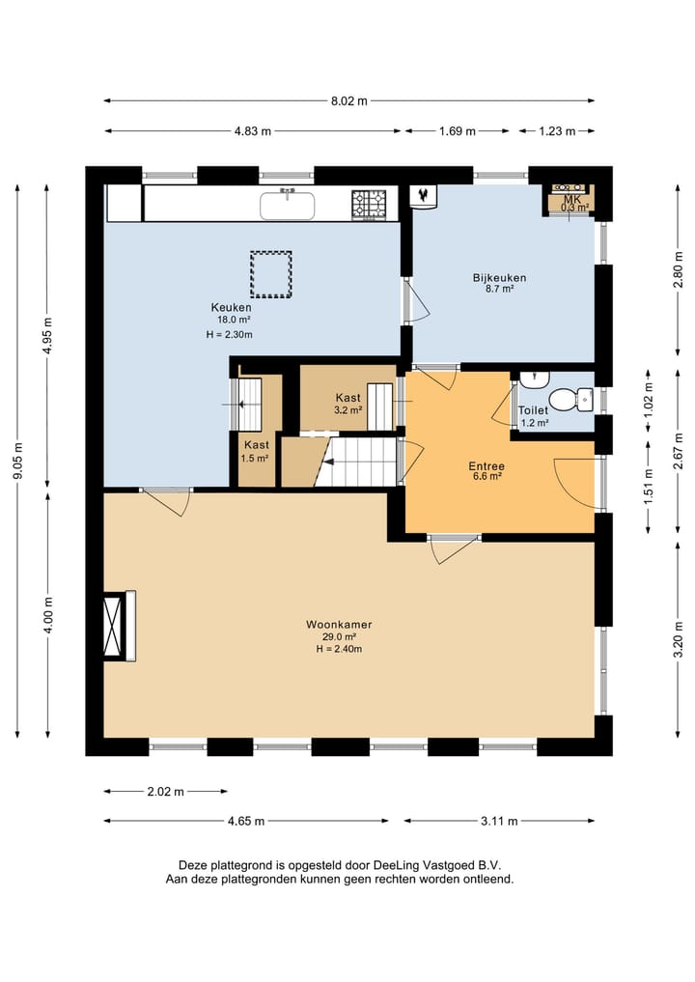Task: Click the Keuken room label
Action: [x=231, y=307]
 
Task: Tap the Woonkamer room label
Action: [x=339, y=625]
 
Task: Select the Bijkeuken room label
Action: [x=499, y=277]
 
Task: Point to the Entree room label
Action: [x=486, y=466]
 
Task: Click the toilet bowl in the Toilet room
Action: [x=570, y=399]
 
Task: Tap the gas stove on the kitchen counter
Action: [x=369, y=205]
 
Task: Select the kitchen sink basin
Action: [x=288, y=206]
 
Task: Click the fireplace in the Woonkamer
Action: [x=119, y=626]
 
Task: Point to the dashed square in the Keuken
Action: [x=271, y=273]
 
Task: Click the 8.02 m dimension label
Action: [x=348, y=100]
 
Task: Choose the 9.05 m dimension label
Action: [x=18, y=461]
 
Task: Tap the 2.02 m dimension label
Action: [x=166, y=792]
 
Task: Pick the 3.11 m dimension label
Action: [x=499, y=821]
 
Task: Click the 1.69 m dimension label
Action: [x=458, y=131]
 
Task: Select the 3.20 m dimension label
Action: [x=678, y=639]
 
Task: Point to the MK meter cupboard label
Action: [x=572, y=199]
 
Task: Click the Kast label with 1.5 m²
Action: [x=256, y=445]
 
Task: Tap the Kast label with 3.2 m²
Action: [x=347, y=398]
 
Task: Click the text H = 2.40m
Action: [x=339, y=649]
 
